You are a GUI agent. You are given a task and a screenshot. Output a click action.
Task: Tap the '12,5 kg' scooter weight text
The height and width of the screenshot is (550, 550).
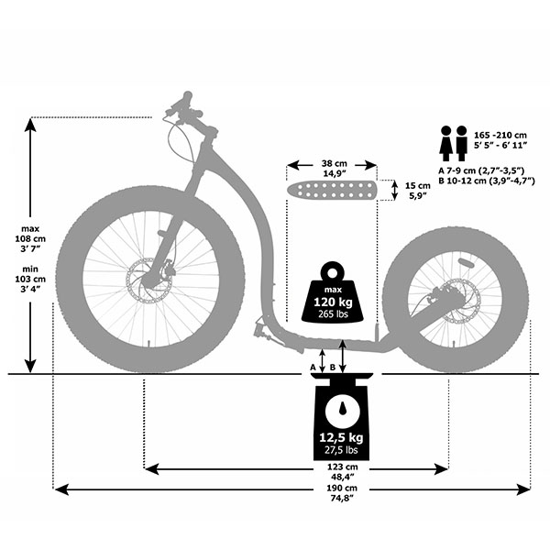(x=341, y=436)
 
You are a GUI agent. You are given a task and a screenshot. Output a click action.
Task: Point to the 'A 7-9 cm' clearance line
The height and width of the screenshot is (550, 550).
(x=480, y=170)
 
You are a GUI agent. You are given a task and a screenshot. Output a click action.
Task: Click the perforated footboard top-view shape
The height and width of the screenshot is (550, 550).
(x=332, y=191)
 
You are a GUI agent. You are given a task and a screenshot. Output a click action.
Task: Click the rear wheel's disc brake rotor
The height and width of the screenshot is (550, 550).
(x=459, y=300)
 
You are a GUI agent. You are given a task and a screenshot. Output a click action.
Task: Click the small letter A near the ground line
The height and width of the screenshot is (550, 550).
(x=313, y=367)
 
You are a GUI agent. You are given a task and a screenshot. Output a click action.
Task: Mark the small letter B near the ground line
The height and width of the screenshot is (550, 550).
(x=332, y=367)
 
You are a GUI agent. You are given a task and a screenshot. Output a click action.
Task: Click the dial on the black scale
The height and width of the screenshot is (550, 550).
(x=341, y=409)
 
